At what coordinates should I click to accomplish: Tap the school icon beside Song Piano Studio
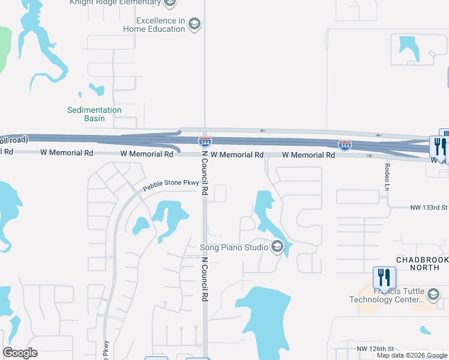point(277,246)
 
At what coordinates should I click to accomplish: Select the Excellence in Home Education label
point(154,25)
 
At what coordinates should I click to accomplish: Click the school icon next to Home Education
point(194,24)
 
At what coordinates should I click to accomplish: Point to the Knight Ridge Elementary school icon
point(170,3)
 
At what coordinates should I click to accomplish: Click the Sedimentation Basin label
point(94,114)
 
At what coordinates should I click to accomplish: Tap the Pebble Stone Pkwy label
point(170,187)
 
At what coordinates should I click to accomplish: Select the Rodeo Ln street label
point(384,176)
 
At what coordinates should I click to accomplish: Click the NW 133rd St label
point(429,208)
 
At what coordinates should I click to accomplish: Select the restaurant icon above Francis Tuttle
point(384,277)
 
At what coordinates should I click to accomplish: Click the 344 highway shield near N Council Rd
point(205,142)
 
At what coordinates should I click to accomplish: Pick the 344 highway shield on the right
point(345,145)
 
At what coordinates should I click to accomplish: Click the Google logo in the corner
point(20,353)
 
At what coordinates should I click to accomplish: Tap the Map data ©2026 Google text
point(412,355)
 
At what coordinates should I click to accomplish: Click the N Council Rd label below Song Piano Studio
point(205,279)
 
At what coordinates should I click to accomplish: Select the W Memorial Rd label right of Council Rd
point(237,155)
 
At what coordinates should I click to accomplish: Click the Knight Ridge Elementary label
point(115,3)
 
